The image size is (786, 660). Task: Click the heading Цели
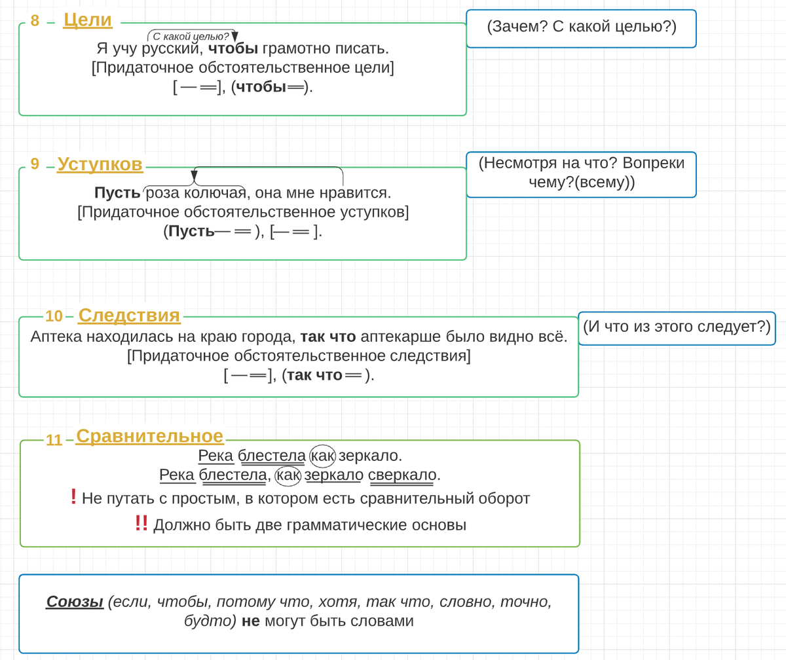coord(88,20)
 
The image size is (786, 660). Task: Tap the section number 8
coord(35,21)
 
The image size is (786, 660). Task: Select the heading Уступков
coord(100,164)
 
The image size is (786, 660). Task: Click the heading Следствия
coord(129,316)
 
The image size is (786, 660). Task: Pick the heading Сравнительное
coord(150,437)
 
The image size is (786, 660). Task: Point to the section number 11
coord(54,440)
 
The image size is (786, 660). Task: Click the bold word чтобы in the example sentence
coord(233,48)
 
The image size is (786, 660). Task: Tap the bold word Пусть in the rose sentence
coord(117,192)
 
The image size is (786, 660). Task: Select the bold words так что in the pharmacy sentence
coord(328,337)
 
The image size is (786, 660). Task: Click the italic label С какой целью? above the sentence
coord(191,37)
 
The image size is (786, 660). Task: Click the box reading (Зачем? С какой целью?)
coord(581,29)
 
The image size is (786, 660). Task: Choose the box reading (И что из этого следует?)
coord(677,328)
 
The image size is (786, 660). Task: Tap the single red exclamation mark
coord(74,497)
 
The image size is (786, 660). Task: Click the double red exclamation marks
coord(141,523)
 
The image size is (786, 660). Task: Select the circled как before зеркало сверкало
coord(288,475)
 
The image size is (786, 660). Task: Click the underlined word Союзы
coord(75,602)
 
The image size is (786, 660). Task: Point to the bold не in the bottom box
coord(251,621)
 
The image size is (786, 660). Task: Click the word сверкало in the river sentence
coord(402,475)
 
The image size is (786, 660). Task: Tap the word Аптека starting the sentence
coord(56,337)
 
